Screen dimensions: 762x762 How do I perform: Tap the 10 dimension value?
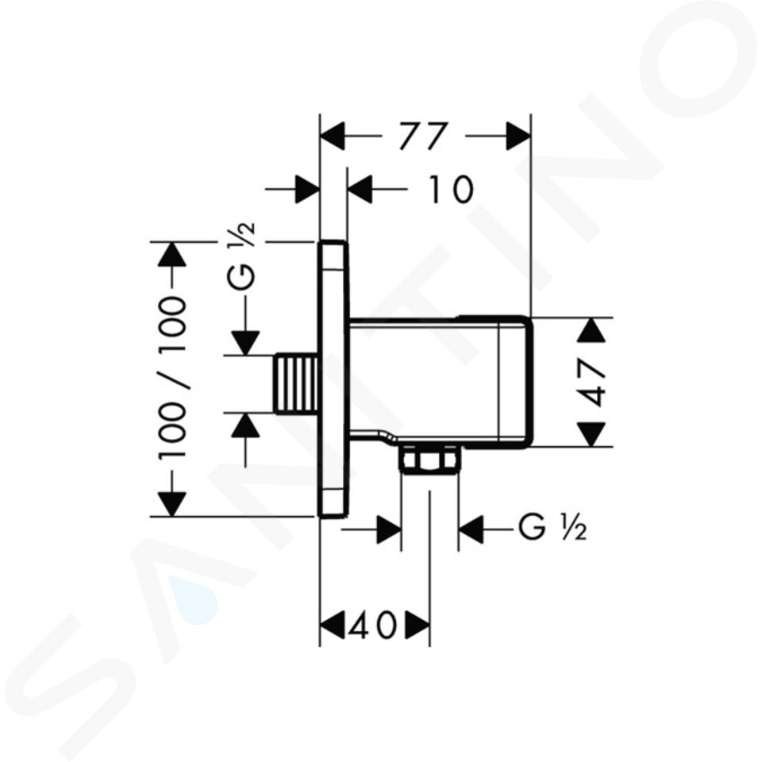click(x=450, y=189)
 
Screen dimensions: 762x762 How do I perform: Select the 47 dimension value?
click(x=593, y=383)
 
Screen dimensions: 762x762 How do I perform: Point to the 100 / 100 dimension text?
click(x=172, y=378)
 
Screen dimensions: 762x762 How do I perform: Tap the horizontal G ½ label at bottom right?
click(x=552, y=527)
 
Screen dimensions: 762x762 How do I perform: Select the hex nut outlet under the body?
click(x=429, y=458)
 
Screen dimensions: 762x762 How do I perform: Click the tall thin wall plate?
click(x=334, y=379)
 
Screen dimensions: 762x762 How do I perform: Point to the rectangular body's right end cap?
click(x=516, y=382)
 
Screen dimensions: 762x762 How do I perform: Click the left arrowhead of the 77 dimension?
click(x=333, y=136)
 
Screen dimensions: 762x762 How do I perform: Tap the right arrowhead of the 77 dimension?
click(x=518, y=136)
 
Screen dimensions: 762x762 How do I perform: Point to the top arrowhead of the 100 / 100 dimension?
click(x=172, y=254)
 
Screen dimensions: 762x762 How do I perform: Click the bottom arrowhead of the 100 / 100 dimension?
click(x=172, y=505)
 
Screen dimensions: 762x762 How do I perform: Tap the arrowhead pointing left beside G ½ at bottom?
click(x=471, y=529)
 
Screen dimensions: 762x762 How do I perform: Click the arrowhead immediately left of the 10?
click(x=360, y=189)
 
